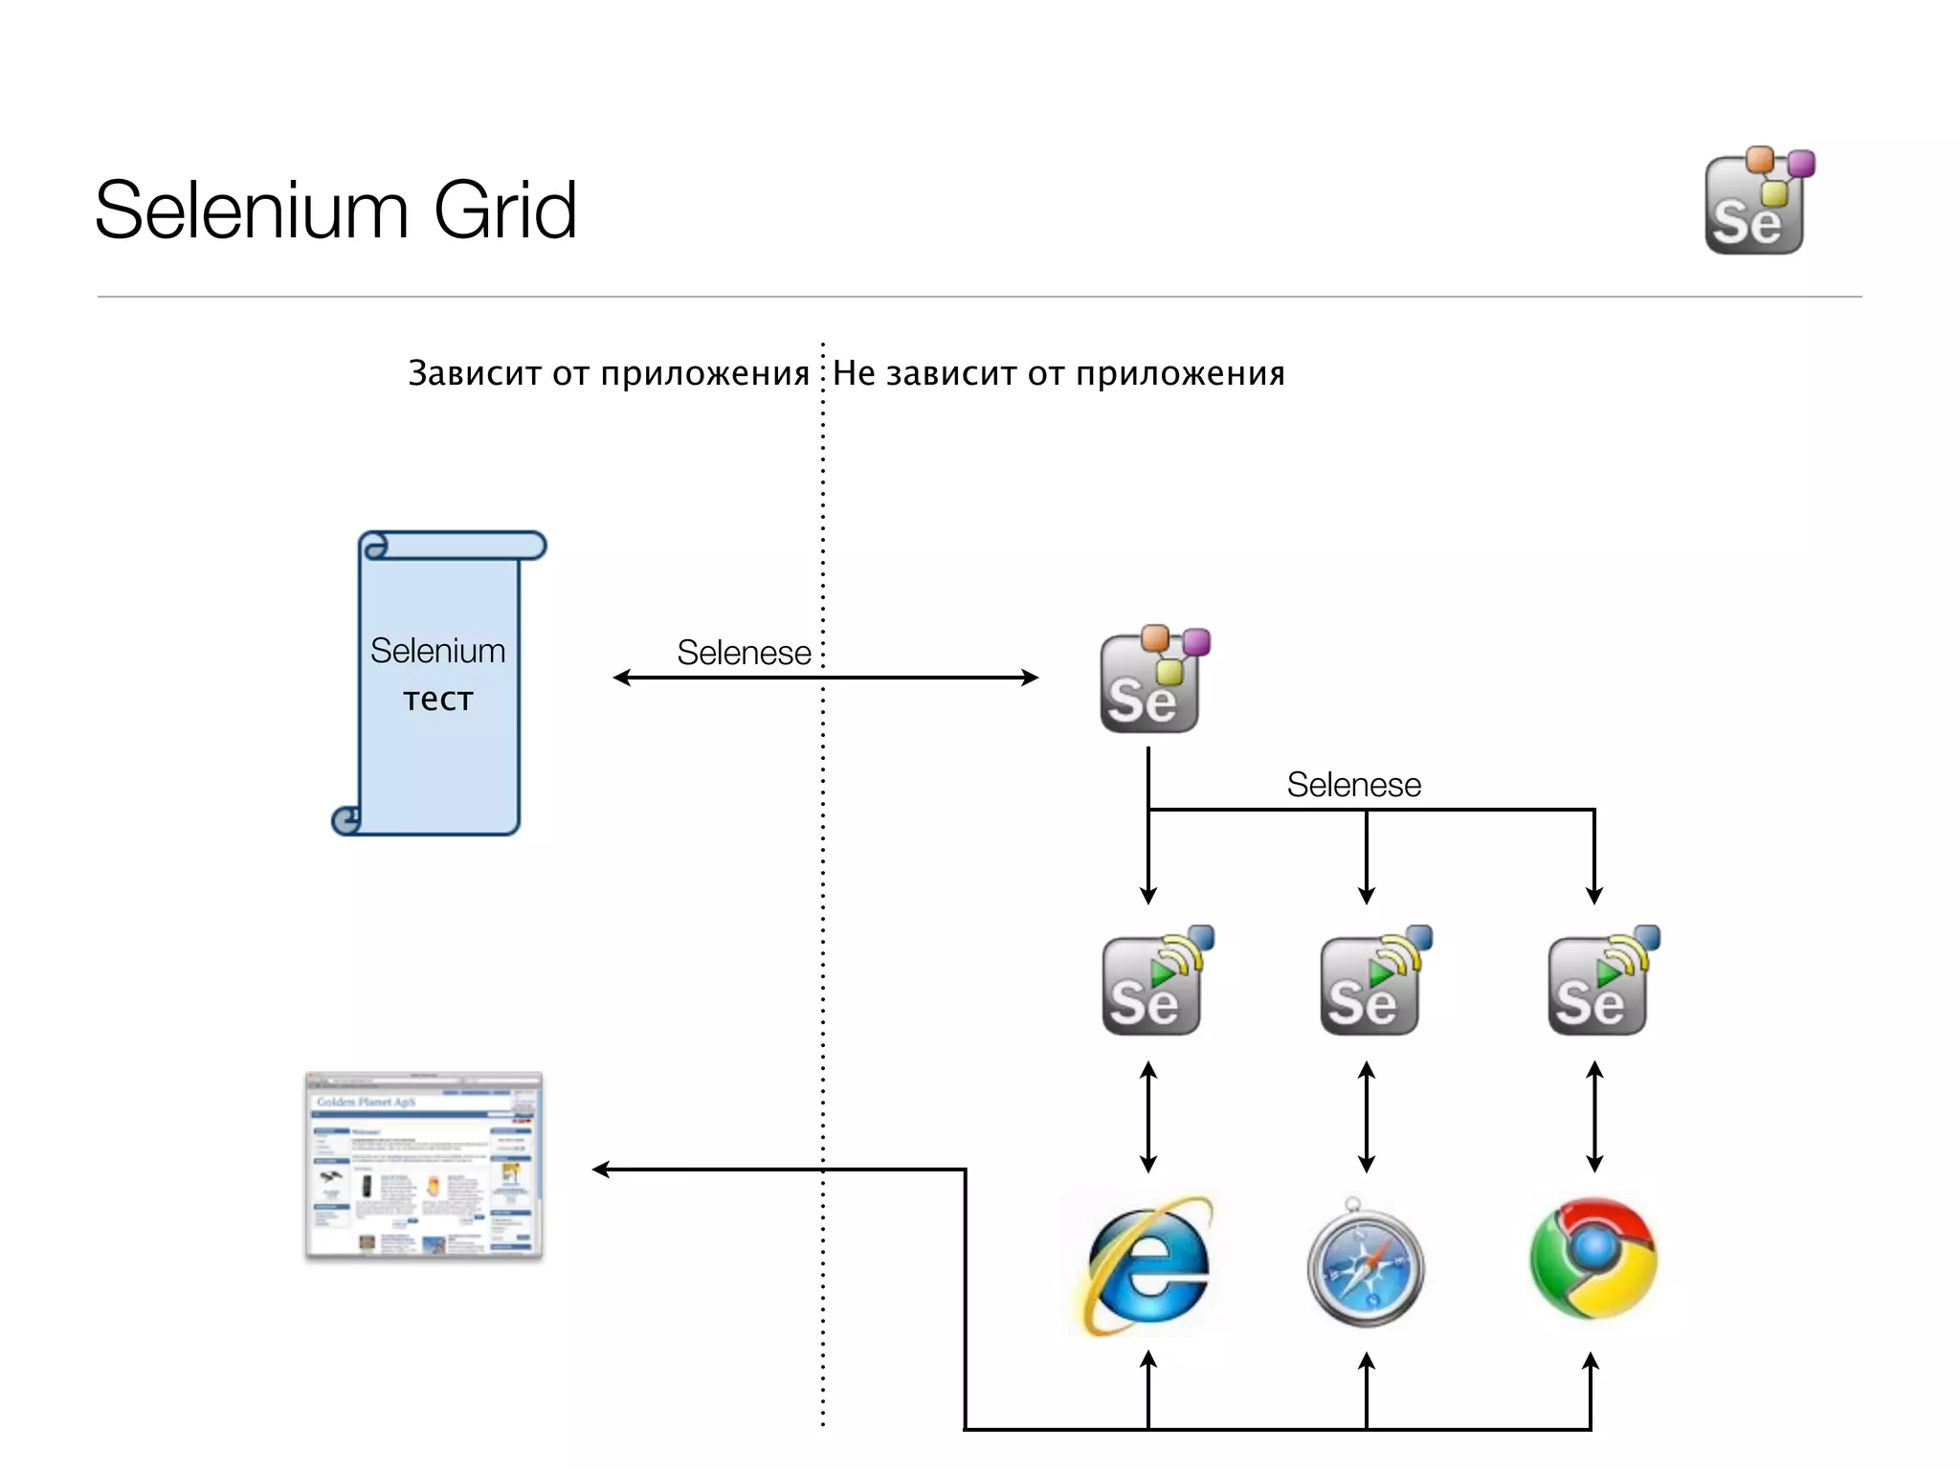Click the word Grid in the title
coord(504,211)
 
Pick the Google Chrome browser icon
coord(1593,1258)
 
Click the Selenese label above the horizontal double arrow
coord(744,653)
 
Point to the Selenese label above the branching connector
coord(1353,785)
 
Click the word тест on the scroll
coord(438,700)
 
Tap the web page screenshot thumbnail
coord(424,1166)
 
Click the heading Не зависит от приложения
coord(1058,373)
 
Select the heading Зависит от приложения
coord(609,373)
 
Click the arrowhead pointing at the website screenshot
coord(600,1169)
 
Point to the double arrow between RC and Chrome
coord(1594,1117)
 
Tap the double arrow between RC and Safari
coord(1367,1117)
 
